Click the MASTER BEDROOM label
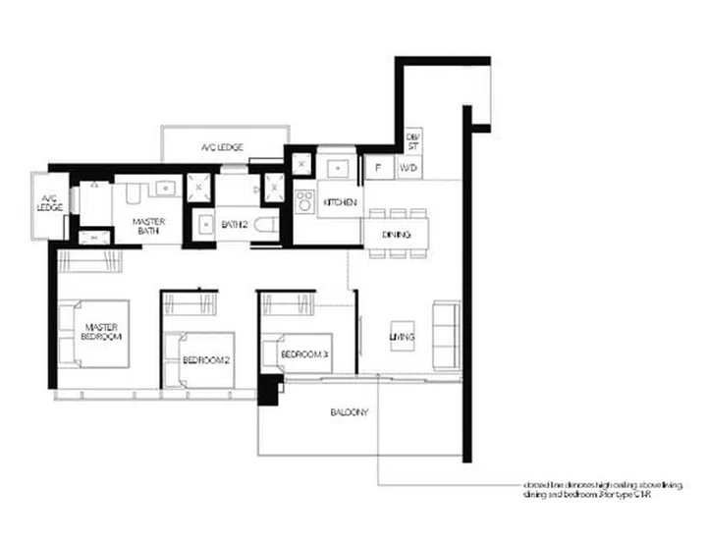tap(102, 332)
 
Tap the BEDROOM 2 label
tap(206, 359)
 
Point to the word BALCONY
tap(349, 412)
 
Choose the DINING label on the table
tap(383, 235)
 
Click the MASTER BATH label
tap(149, 228)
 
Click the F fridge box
tap(377, 169)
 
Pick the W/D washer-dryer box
tap(408, 169)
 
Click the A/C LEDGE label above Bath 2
tap(223, 147)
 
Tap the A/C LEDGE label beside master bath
tap(50, 202)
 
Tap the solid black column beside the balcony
tap(267, 388)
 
